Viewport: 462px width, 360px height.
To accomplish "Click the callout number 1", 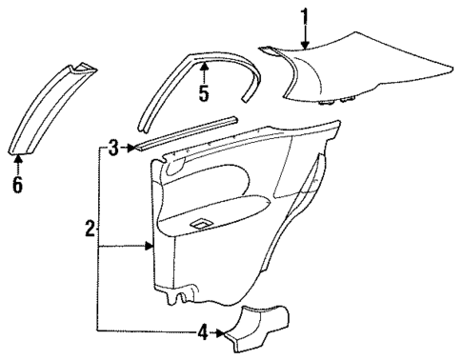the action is click(x=304, y=15).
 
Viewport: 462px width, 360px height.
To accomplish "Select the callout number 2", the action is click(x=89, y=229).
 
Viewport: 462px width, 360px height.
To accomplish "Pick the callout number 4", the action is click(x=201, y=333).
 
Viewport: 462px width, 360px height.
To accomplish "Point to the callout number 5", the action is click(x=203, y=93).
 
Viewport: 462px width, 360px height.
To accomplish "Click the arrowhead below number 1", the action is click(x=304, y=45).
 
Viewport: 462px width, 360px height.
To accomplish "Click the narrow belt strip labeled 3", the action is click(x=186, y=131).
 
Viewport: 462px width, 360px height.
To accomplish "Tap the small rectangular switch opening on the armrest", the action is click(x=201, y=225).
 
